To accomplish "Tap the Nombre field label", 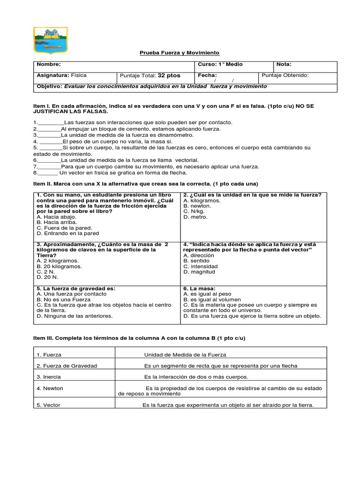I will [49, 64].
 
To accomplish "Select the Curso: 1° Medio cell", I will [220, 64].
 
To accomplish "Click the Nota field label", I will [284, 64].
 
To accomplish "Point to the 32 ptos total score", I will [169, 75].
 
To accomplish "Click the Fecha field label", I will [207, 75].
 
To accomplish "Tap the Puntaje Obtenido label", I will [285, 75].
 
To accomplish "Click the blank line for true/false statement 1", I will [50, 122].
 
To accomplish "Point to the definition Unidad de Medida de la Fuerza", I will [185, 355].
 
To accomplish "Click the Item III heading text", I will [139, 338].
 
